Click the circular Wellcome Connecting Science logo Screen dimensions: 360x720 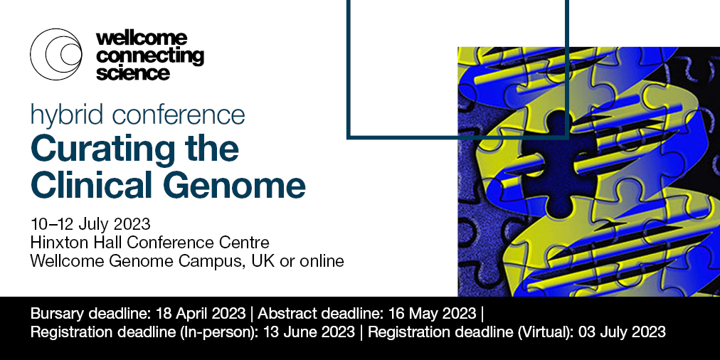56,54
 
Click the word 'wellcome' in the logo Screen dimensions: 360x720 141,38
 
